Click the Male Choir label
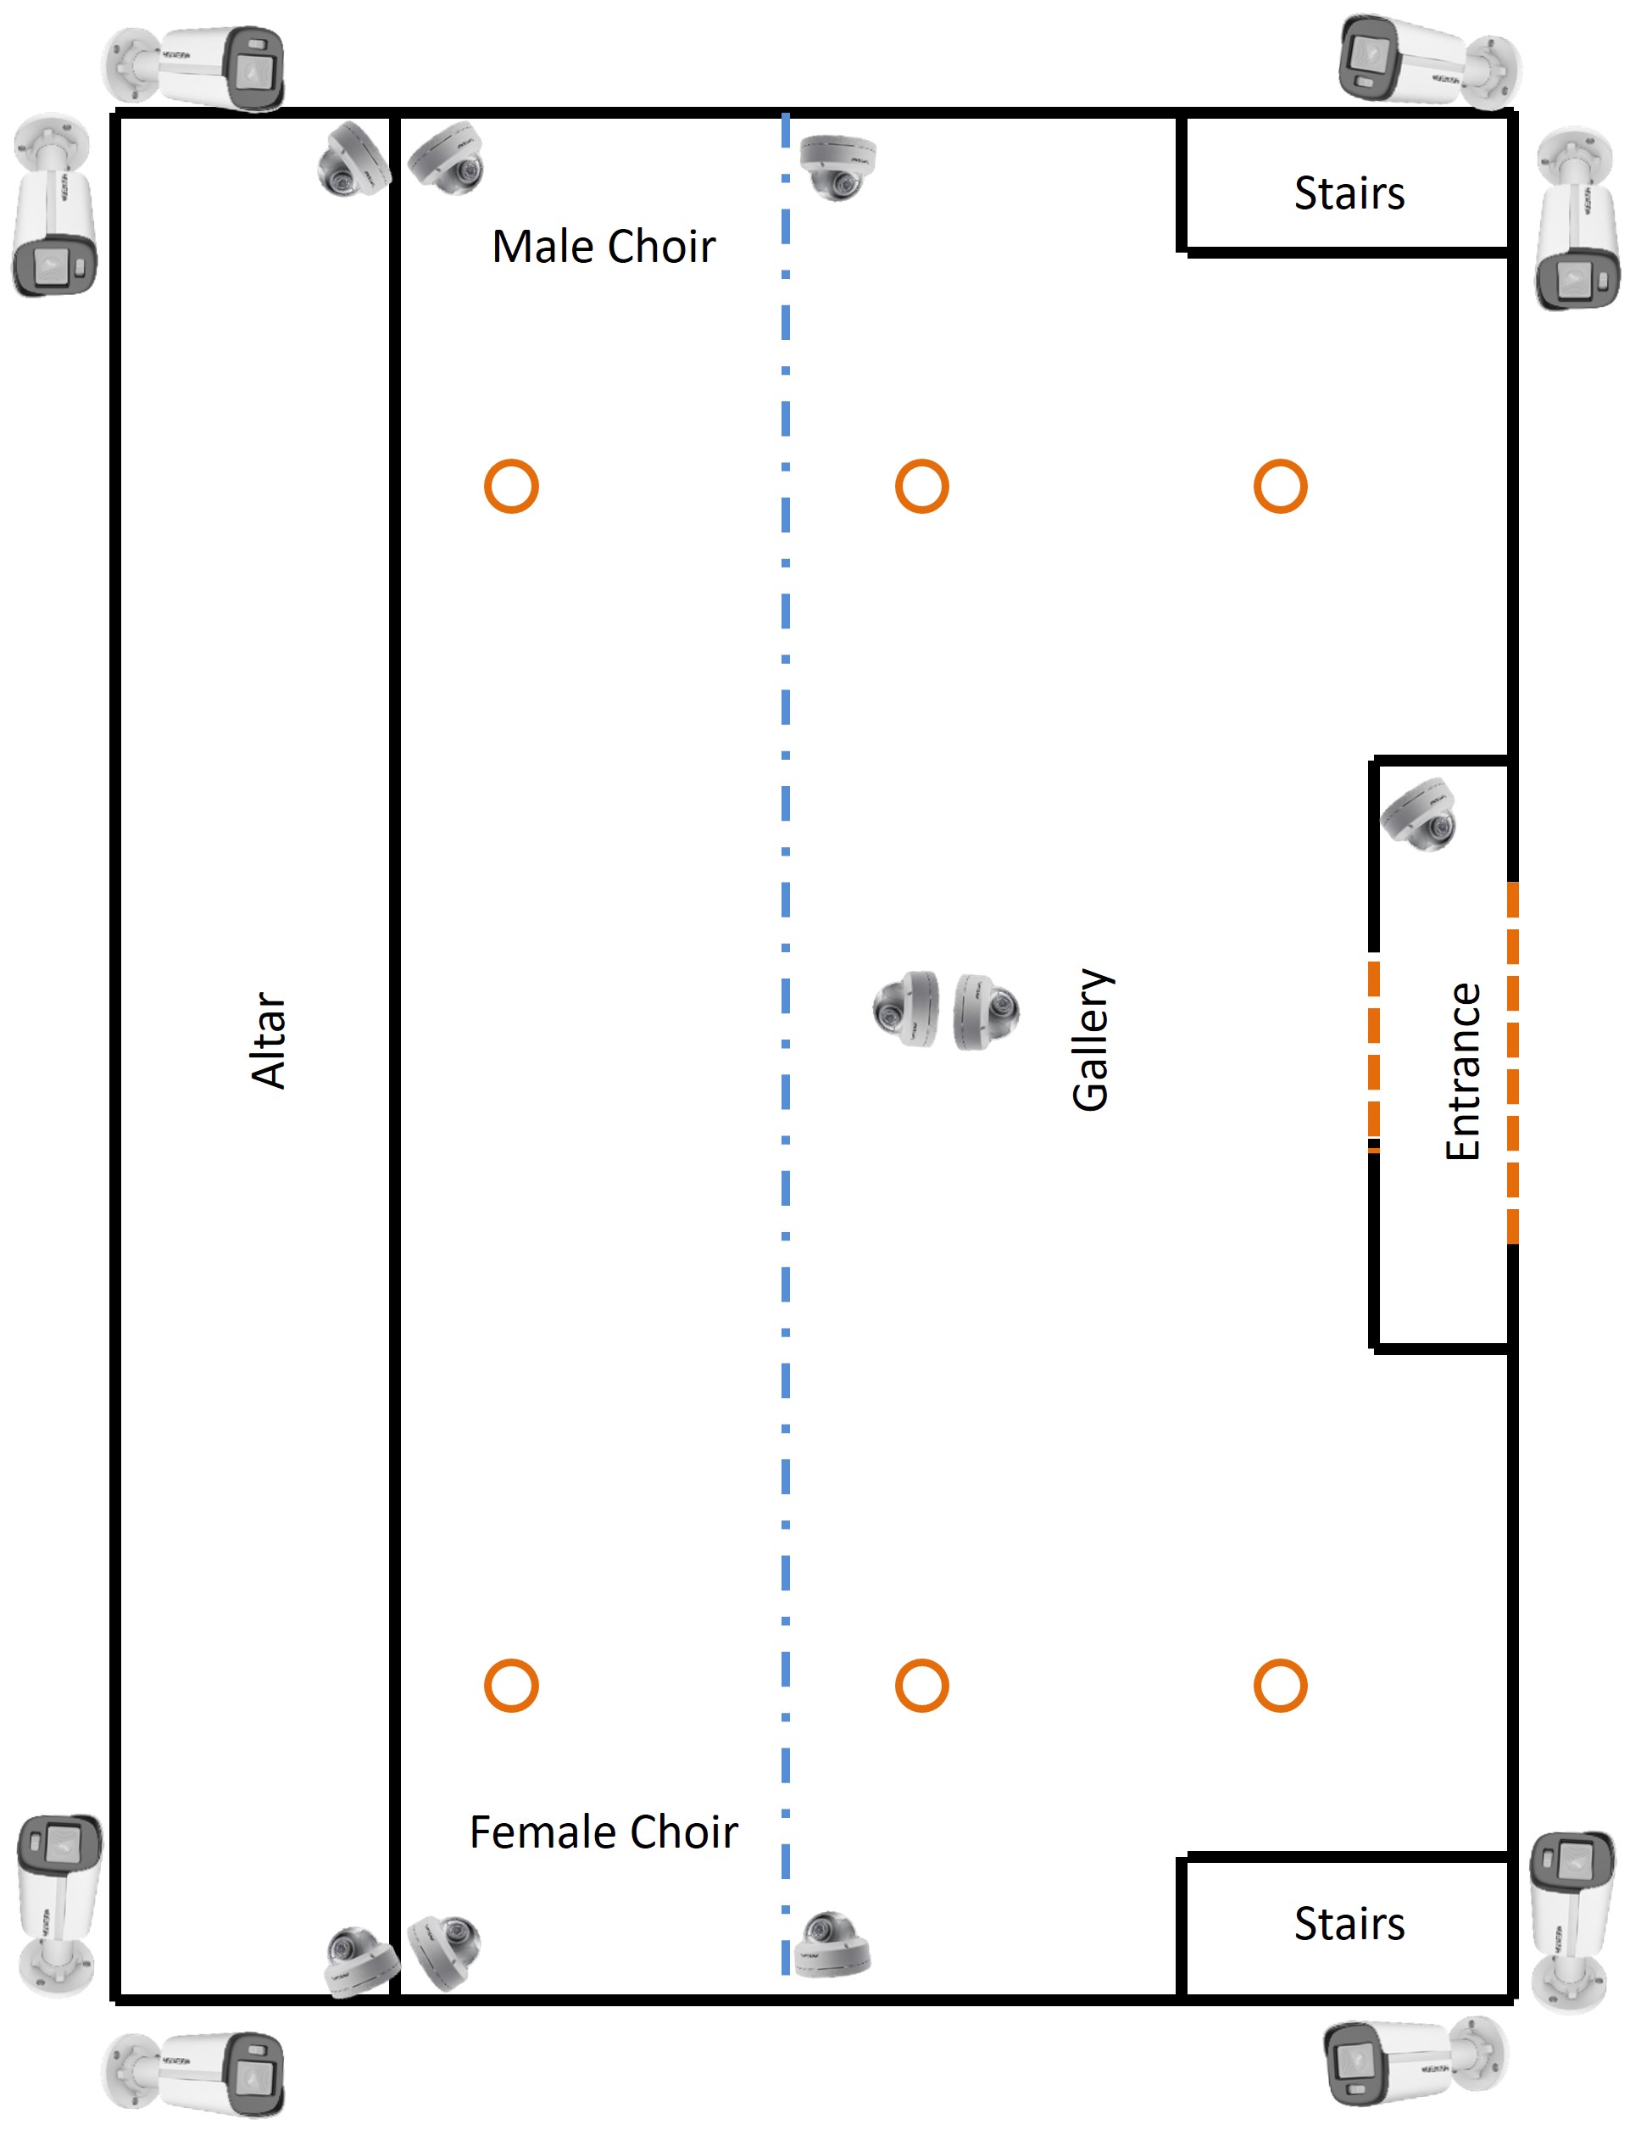tap(604, 247)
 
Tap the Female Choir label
tap(604, 1832)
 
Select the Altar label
tap(269, 1040)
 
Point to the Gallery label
tap(1092, 1040)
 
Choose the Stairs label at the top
tap(1349, 193)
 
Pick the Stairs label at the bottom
tap(1349, 1923)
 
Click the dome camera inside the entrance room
tap(1420, 814)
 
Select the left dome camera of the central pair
tap(907, 1009)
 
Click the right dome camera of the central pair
tap(985, 1011)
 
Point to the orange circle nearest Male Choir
tap(511, 486)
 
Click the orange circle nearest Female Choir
tap(511, 1686)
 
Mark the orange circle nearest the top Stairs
tap(1280, 486)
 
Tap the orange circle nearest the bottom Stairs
tap(1280, 1686)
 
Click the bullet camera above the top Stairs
tap(1427, 61)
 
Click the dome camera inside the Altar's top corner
tap(353, 161)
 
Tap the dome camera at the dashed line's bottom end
tap(832, 1943)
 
